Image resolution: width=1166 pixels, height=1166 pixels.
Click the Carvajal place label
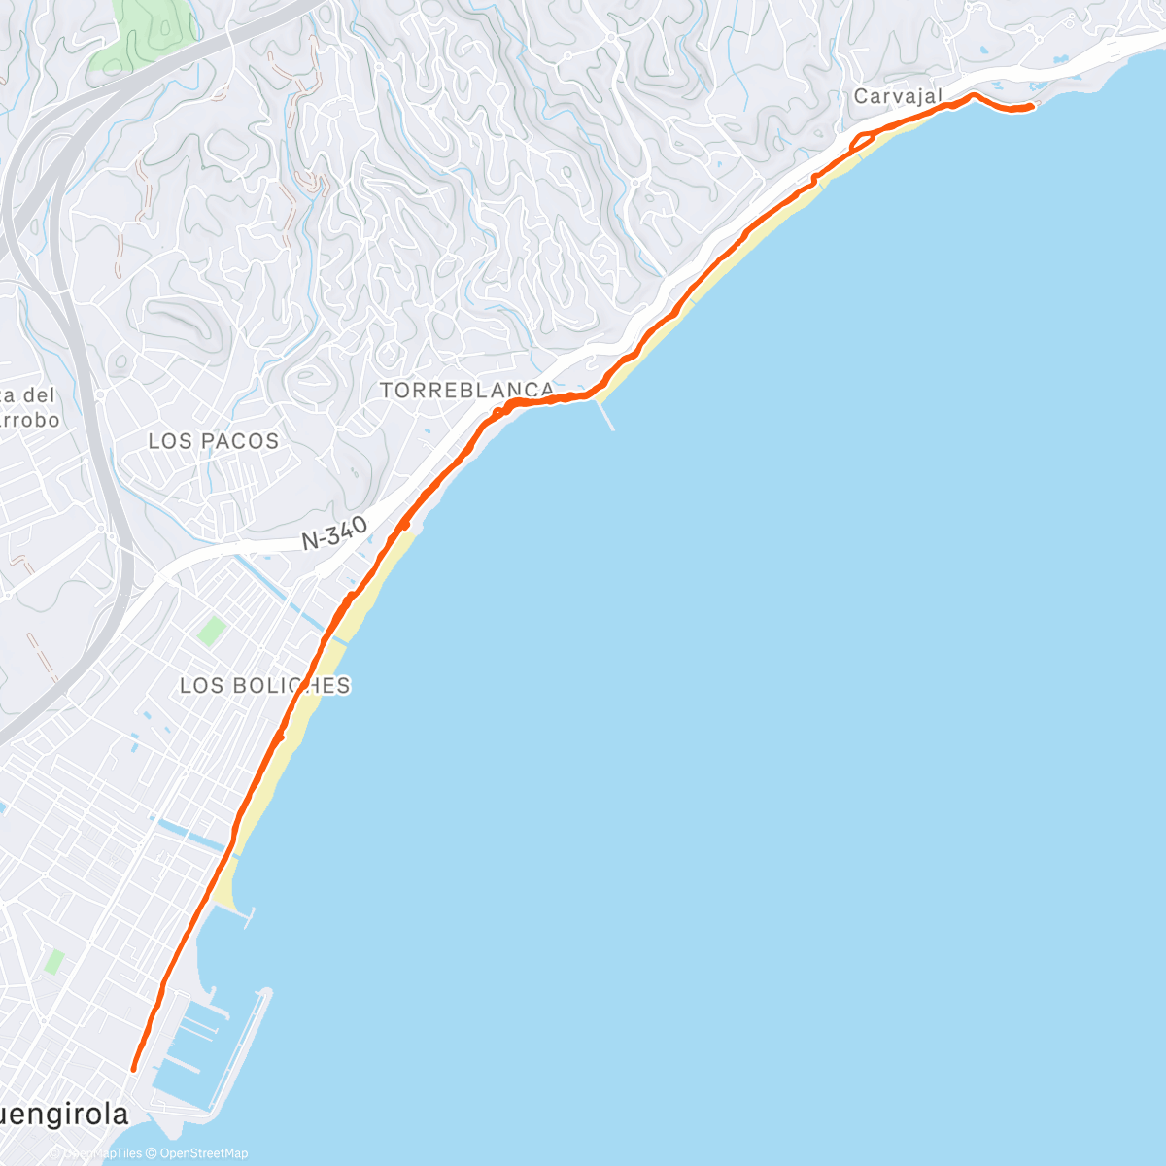[898, 96]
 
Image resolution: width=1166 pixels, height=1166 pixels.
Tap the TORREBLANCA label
[466, 391]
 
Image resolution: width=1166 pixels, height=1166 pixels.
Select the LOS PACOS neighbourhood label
[213, 441]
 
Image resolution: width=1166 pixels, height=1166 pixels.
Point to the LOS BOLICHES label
[264, 685]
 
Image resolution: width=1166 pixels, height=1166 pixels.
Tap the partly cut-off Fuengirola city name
[64, 1115]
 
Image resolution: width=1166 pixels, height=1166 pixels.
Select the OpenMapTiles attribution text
[101, 1153]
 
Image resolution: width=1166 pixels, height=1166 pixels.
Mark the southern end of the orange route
[134, 1069]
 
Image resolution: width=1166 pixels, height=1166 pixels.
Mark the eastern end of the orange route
[1031, 106]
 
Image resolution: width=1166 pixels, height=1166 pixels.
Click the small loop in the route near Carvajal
[861, 143]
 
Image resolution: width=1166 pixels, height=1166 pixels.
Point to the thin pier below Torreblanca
[606, 416]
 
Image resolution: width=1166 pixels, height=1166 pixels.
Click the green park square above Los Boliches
[211, 631]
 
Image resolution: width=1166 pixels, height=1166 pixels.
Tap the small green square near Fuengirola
[54, 962]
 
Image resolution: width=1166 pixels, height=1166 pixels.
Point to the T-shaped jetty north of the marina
[243, 913]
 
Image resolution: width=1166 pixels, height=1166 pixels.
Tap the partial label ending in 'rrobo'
[29, 421]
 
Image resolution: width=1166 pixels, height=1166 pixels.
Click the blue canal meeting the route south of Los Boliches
[189, 833]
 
